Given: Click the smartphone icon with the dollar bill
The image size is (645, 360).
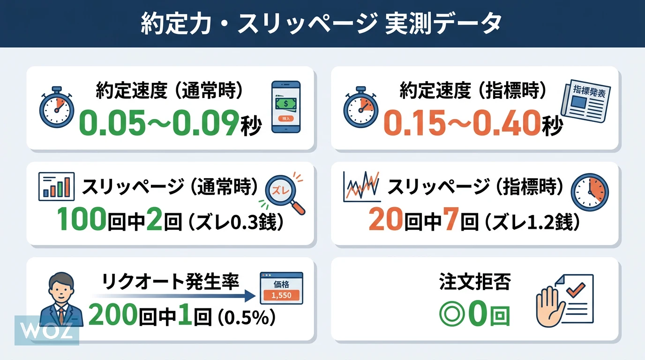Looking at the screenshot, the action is [286, 107].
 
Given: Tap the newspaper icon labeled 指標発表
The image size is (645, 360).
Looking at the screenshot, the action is [585, 101].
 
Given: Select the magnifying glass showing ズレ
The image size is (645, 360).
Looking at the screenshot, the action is [285, 194].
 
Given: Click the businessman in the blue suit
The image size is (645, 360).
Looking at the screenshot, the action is [61, 299].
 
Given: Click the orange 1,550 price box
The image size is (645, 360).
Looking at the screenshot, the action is [281, 295].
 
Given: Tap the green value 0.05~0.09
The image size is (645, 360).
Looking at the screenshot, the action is [159, 123].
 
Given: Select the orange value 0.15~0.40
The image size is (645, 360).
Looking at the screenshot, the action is [462, 123].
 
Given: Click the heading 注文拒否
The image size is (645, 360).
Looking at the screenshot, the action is [475, 281].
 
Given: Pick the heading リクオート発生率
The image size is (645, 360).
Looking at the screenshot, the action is [171, 281].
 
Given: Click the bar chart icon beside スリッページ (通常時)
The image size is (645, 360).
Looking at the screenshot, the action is [56, 187].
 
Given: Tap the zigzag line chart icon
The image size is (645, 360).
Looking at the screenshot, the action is [362, 187].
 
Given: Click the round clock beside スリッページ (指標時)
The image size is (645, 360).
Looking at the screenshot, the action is [590, 192].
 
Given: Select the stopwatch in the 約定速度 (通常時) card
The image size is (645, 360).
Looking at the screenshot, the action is [56, 107].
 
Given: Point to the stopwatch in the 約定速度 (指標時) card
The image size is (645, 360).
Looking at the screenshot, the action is [360, 107].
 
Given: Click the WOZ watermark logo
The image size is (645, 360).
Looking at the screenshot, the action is [47, 330].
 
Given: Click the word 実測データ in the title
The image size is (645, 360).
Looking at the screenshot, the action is [443, 23].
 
